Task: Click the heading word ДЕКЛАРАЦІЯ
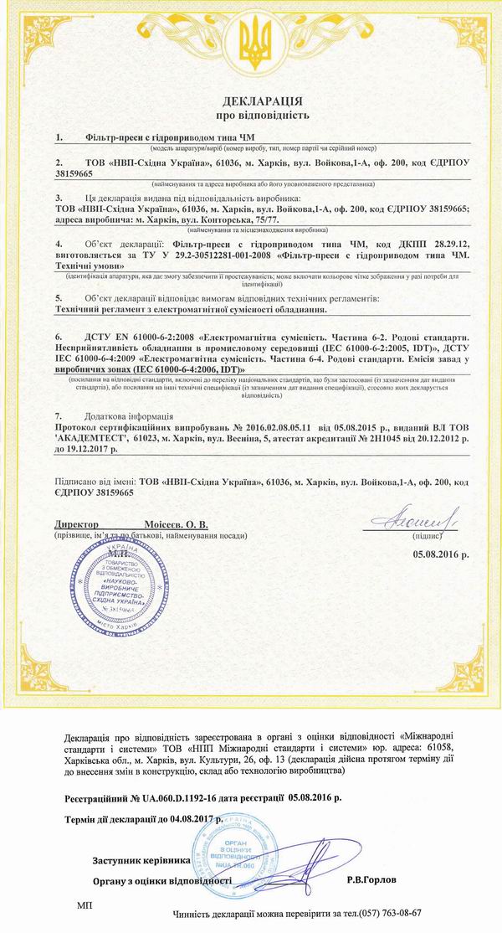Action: click(x=251, y=97)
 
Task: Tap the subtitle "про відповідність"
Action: click(x=251, y=113)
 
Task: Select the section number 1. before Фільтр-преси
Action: click(x=59, y=136)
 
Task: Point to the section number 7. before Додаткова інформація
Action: click(x=59, y=415)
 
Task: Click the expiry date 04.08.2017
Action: click(x=195, y=817)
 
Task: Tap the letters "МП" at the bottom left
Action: click(x=85, y=905)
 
